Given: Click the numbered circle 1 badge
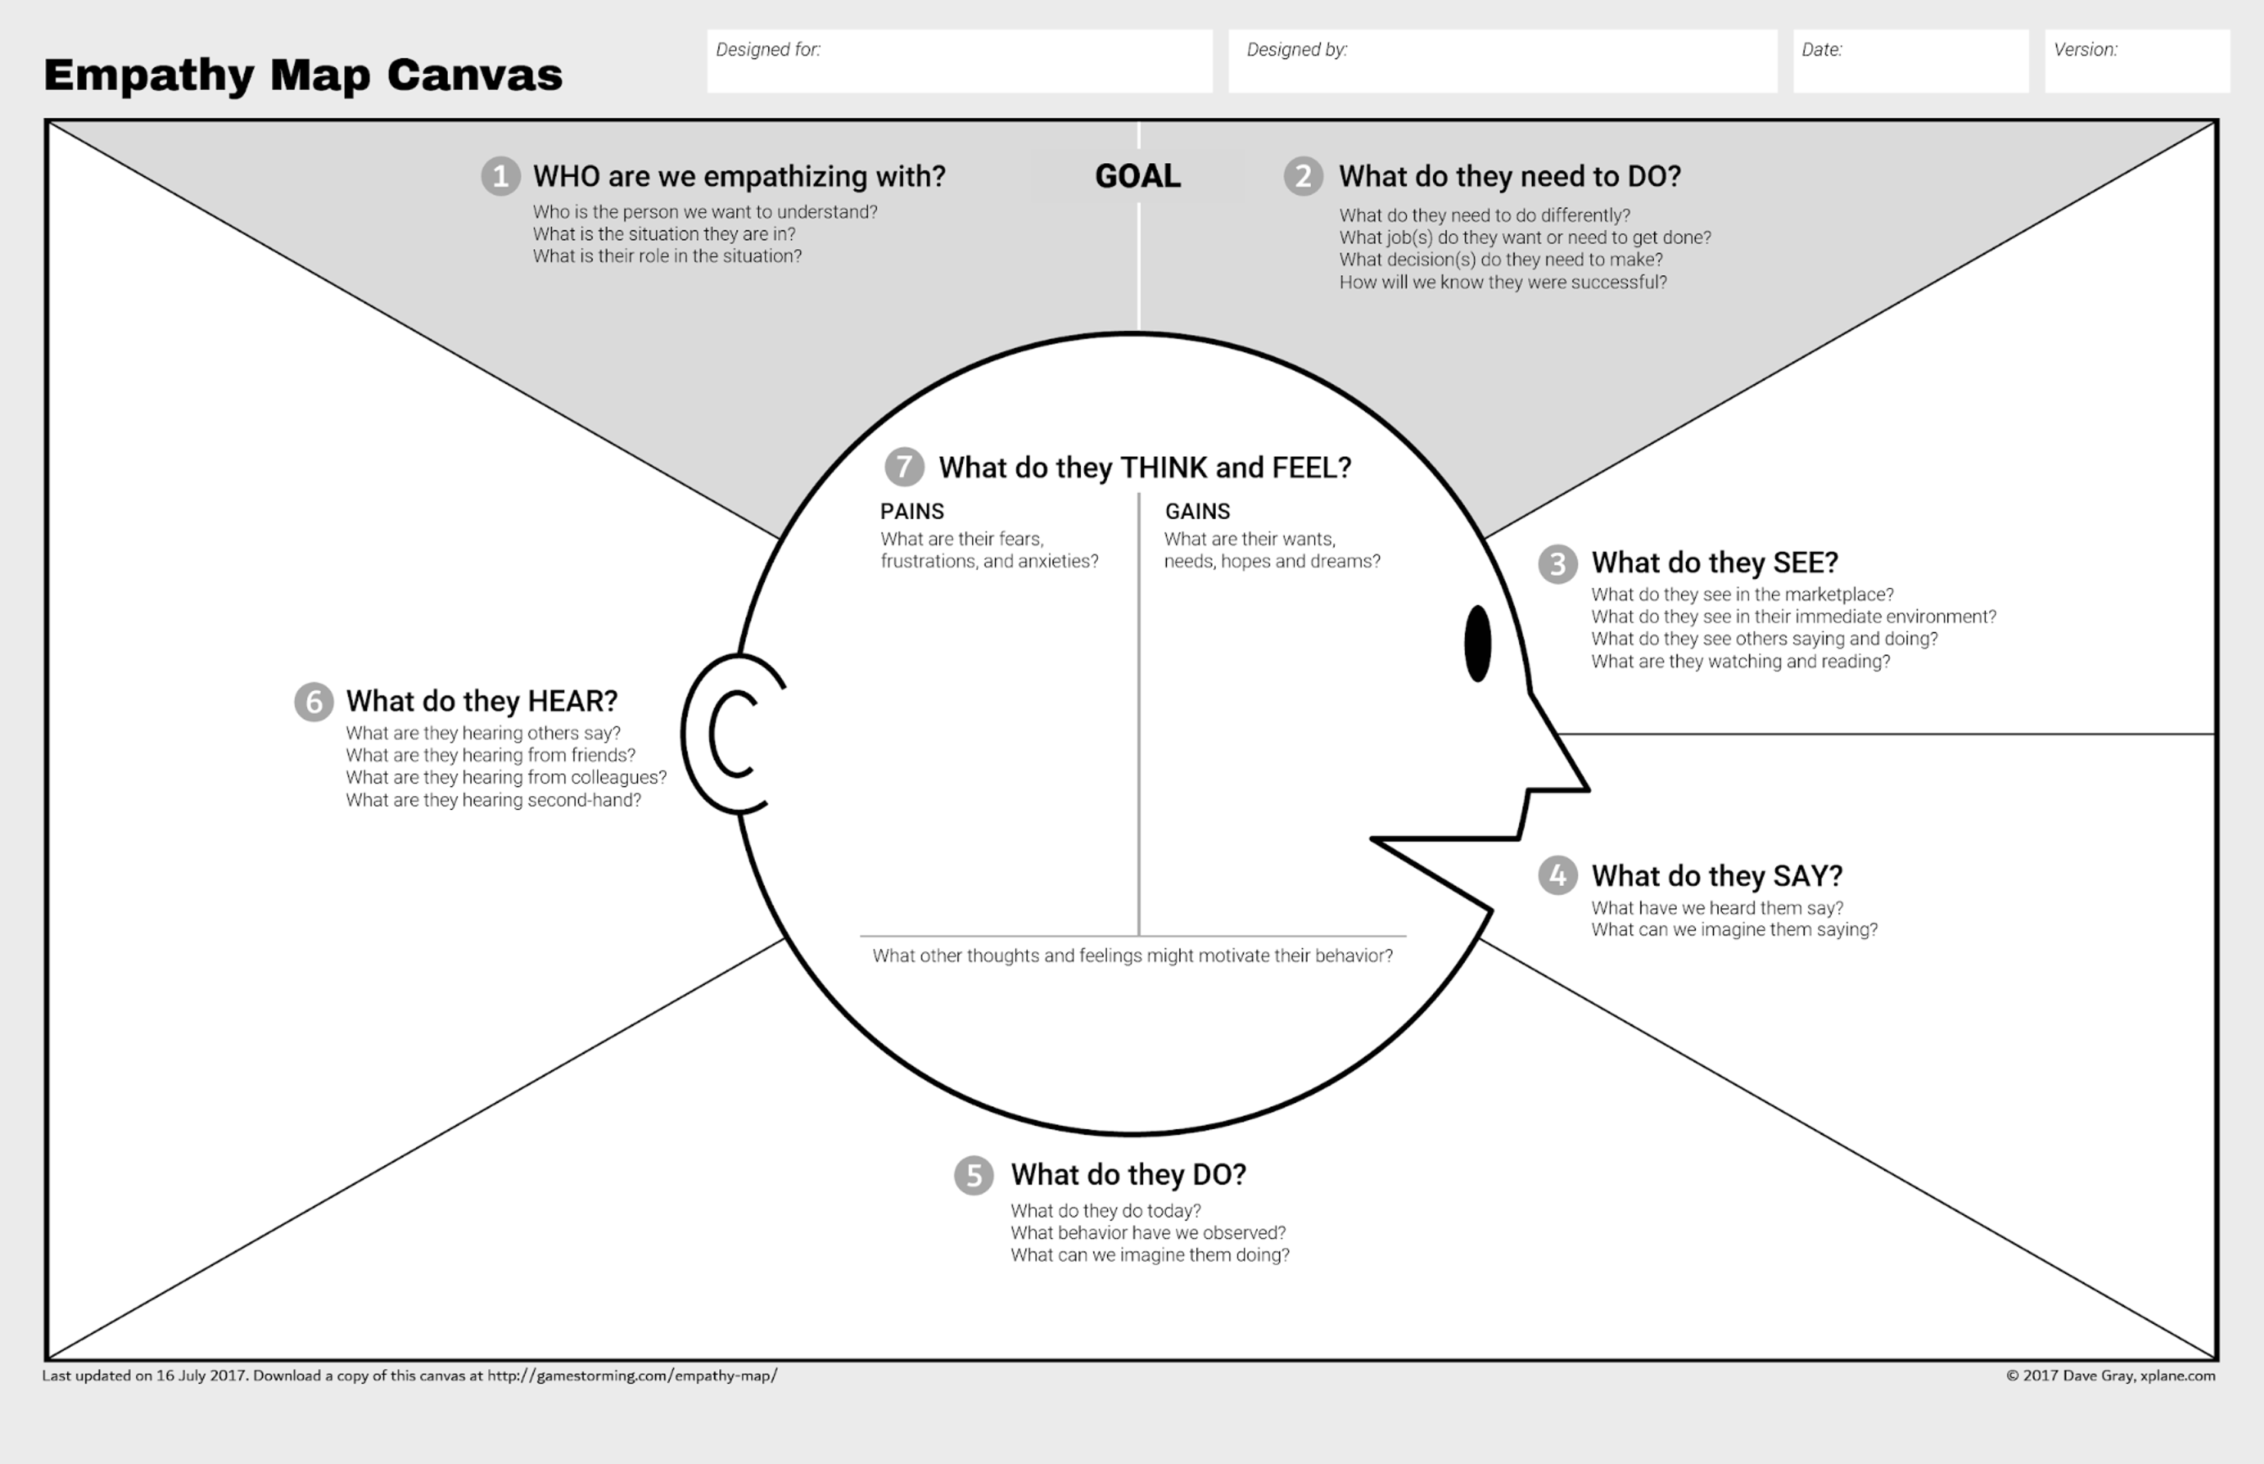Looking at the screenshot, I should pyautogui.click(x=500, y=176).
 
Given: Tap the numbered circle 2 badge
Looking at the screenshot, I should pyautogui.click(x=1302, y=176).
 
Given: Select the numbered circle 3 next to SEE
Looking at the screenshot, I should pyautogui.click(x=1558, y=564).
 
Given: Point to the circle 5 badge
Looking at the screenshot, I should pyautogui.click(x=973, y=1175).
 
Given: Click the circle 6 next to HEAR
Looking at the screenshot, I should pyautogui.click(x=314, y=701).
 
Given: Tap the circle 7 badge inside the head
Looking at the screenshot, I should pyautogui.click(x=904, y=467).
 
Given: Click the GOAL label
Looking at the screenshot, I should pyautogui.click(x=1137, y=176).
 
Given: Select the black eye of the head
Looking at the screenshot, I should pyautogui.click(x=1477, y=644).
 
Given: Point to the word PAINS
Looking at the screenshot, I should pyautogui.click(x=912, y=512).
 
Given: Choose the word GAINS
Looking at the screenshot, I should pyautogui.click(x=1197, y=512).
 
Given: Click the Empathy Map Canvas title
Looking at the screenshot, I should pyautogui.click(x=303, y=75).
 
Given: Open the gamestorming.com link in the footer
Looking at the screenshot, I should pyautogui.click(x=632, y=1376).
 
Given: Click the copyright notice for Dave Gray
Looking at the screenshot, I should pyautogui.click(x=2110, y=1376).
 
